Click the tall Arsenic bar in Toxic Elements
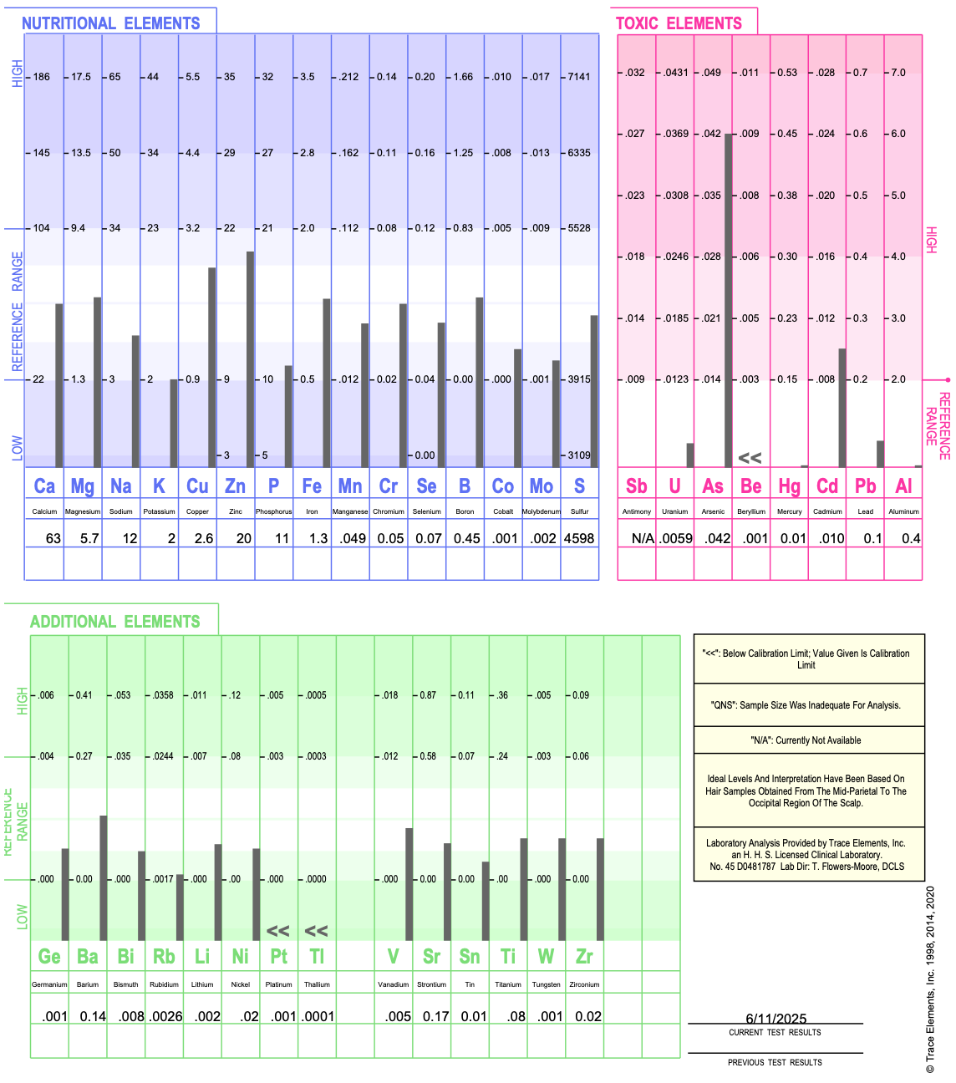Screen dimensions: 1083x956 [x=729, y=301]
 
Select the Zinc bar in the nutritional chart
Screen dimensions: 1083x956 [x=250, y=359]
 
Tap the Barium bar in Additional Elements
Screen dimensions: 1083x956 [x=104, y=877]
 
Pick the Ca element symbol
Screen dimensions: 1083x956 [x=44, y=486]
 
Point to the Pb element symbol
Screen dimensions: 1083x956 [x=865, y=486]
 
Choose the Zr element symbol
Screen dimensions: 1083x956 [x=584, y=956]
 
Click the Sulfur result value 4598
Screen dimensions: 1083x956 [x=579, y=538]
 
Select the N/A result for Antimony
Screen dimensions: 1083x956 [x=643, y=538]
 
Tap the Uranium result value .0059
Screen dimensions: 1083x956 [x=675, y=538]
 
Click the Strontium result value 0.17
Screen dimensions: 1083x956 [x=435, y=1016]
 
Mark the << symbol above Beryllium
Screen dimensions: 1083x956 [x=750, y=458]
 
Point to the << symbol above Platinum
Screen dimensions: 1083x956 [x=278, y=931]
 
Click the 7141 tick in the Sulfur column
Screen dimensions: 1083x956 [x=579, y=77]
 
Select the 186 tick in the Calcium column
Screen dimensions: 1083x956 [x=41, y=77]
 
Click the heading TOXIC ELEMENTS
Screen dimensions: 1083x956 [x=679, y=23]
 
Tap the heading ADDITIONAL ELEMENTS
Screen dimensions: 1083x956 [x=115, y=622]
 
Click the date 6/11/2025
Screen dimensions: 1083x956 [x=775, y=1019]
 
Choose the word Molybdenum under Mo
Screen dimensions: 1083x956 [x=542, y=511]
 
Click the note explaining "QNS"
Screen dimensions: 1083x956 [x=809, y=705]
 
